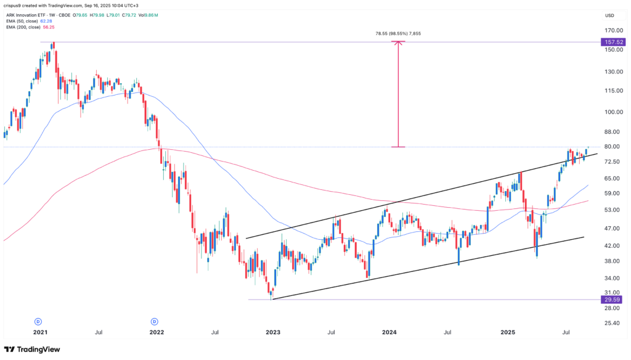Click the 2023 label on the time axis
pos(273,333)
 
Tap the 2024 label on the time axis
pos(389,333)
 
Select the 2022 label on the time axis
pos(157,333)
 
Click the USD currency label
pos(609,15)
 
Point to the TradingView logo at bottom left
pos(33,349)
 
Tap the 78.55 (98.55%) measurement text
pos(397,35)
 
